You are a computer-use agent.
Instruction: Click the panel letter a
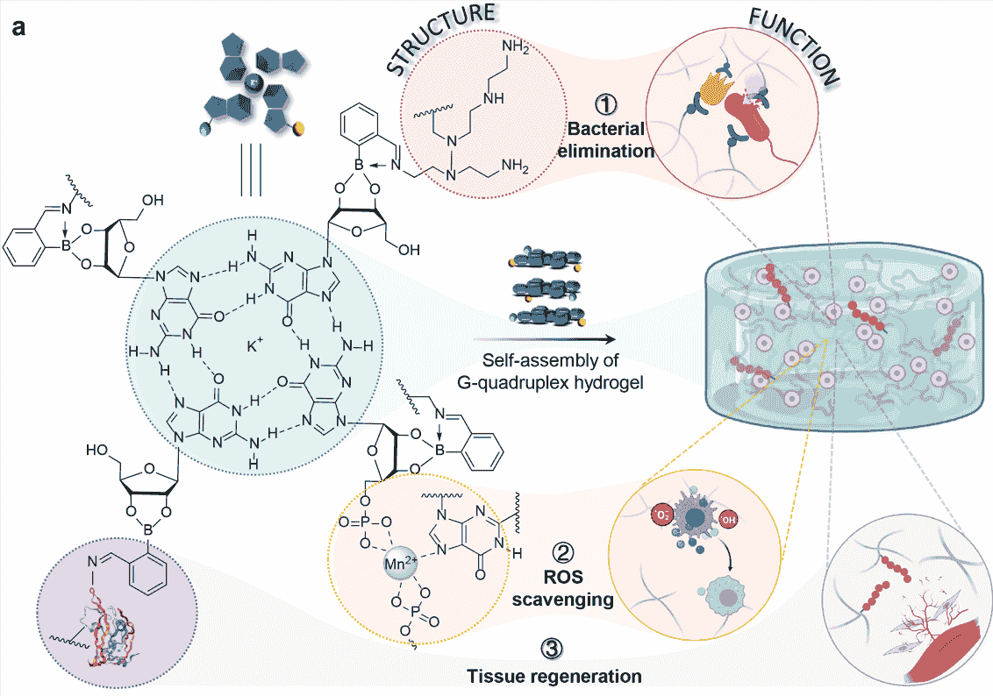coord(18,28)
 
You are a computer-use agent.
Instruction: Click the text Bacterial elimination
coord(605,139)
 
